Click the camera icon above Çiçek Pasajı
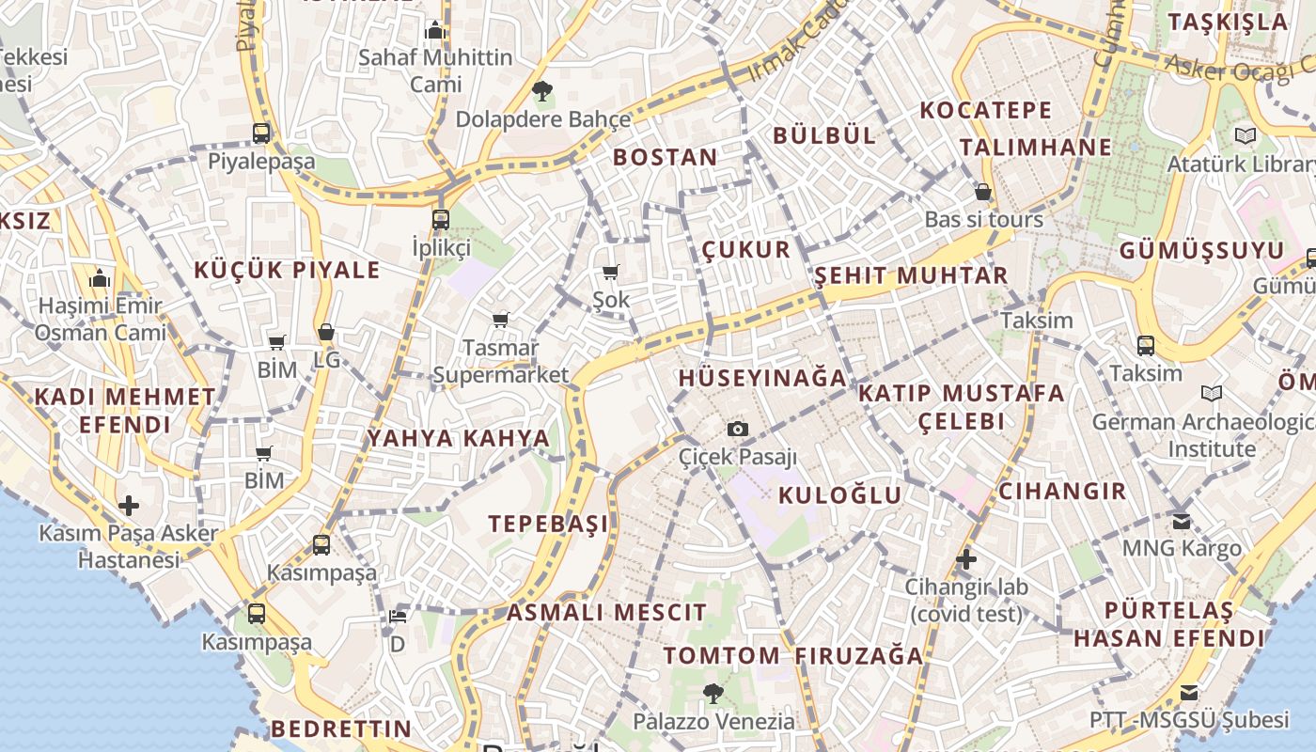[739, 430]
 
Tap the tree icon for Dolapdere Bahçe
[541, 91]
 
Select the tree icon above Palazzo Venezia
[713, 694]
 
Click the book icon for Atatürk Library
[1245, 136]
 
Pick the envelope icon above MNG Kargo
[1182, 520]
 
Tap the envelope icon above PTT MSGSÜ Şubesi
[1189, 693]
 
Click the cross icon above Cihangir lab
[966, 560]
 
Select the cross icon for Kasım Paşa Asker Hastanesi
[129, 507]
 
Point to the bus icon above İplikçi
[441, 220]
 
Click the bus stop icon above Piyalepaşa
[261, 133]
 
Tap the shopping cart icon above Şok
[611, 273]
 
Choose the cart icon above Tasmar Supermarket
[501, 321]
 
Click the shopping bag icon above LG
[326, 332]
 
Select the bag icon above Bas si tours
[983, 192]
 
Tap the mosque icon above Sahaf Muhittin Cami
[434, 30]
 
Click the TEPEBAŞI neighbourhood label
[548, 524]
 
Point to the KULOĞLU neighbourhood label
[840, 495]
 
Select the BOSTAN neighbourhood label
[666, 157]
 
